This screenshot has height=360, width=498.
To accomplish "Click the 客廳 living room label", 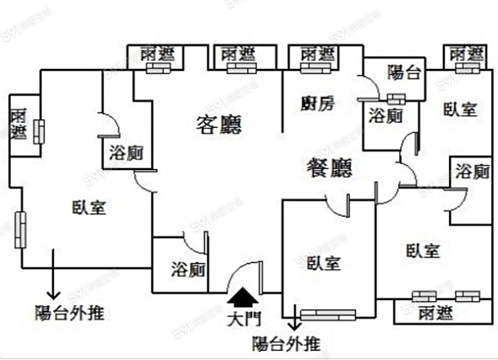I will tap(219, 125).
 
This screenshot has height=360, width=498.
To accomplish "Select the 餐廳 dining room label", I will tap(329, 167).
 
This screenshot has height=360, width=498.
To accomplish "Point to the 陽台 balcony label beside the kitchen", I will tap(403, 72).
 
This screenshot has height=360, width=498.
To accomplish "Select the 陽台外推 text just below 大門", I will tap(286, 345).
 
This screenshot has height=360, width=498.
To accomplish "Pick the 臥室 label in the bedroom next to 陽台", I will tap(460, 109).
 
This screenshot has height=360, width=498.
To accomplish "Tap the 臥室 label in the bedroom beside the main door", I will tap(324, 263).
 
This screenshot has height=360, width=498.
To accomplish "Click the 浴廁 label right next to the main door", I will tap(188, 269).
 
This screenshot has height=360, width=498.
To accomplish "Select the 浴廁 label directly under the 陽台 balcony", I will tap(385, 116).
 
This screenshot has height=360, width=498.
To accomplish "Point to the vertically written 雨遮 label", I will tap(19, 124).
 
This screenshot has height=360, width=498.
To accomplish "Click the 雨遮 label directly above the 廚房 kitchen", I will tap(318, 54).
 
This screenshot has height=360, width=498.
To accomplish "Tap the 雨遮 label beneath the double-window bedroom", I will tap(435, 313).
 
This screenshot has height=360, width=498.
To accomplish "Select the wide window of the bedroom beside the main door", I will tap(328, 315).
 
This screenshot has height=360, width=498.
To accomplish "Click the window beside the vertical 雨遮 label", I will tap(38, 132).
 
